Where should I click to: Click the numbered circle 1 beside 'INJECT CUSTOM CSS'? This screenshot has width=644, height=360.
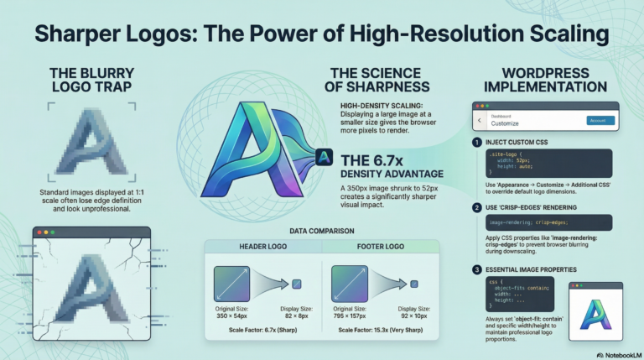click(x=477, y=141)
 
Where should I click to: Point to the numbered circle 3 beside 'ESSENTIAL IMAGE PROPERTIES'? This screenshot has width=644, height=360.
click(x=477, y=269)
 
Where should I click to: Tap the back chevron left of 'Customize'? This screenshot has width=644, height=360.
click(x=480, y=121)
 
